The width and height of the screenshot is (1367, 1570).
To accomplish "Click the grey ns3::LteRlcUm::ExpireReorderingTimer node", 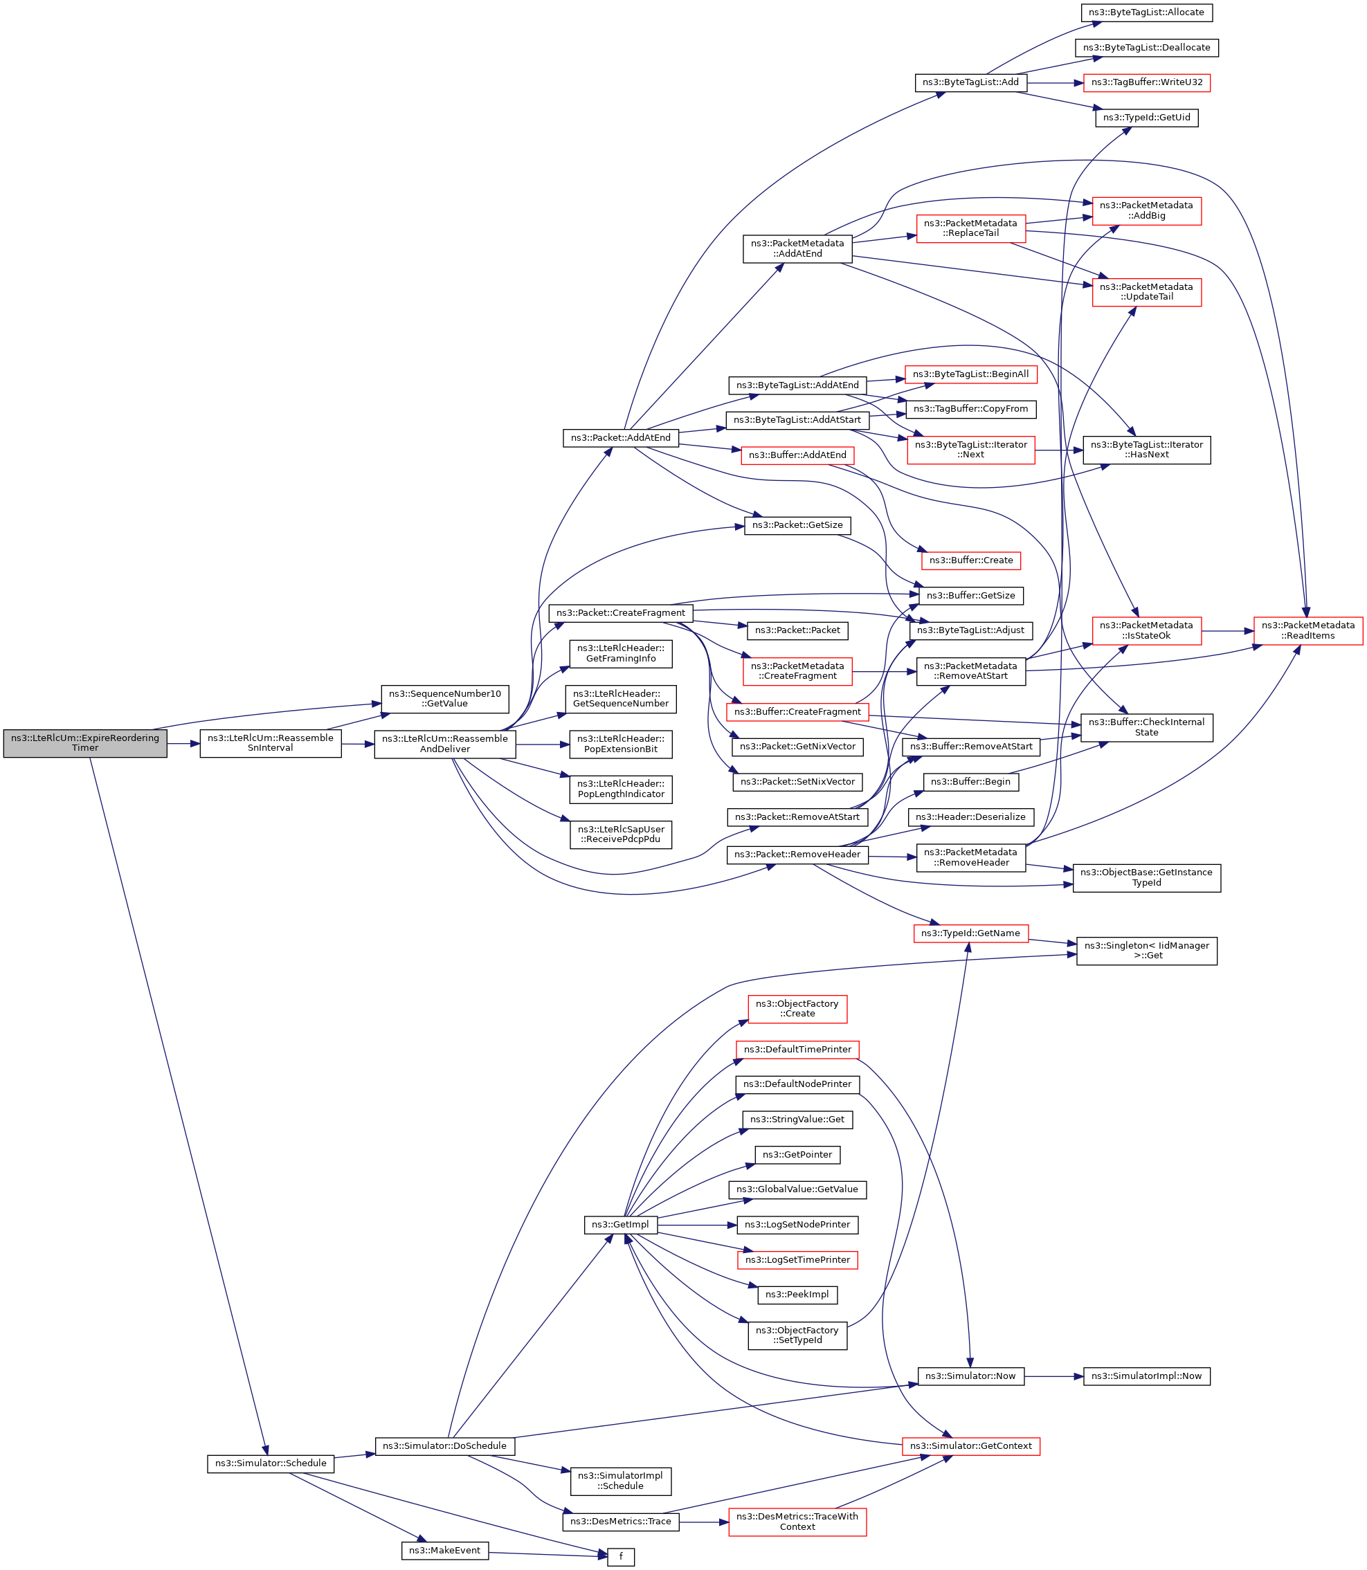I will (x=84, y=742).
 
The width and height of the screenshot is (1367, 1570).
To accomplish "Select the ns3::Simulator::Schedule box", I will (x=270, y=1463).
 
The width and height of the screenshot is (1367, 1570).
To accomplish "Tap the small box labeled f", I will (x=620, y=1557).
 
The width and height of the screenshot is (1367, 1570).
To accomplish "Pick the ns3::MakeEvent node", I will (x=445, y=1550).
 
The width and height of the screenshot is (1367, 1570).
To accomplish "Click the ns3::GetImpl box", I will (x=620, y=1225).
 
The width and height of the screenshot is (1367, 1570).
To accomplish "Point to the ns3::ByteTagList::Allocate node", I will (x=1146, y=12).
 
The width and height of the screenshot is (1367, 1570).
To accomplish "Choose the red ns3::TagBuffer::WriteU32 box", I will (x=1146, y=82).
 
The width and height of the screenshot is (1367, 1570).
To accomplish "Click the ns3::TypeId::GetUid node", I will (x=1146, y=118).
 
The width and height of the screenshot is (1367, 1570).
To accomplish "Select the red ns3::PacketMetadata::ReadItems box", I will (x=1307, y=630).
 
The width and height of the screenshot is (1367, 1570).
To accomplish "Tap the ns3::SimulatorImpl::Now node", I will (x=1146, y=1376).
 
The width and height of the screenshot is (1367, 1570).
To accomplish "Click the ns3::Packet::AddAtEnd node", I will (x=620, y=438).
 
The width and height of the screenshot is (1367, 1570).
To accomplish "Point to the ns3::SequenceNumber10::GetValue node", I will (x=445, y=698).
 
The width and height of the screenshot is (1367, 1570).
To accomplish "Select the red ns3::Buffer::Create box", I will (x=970, y=560).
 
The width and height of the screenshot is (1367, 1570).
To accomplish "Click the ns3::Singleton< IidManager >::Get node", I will (x=1146, y=950).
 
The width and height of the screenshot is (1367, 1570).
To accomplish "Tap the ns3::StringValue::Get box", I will (x=797, y=1120).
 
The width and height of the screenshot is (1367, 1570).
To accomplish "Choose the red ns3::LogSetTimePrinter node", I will (x=797, y=1259).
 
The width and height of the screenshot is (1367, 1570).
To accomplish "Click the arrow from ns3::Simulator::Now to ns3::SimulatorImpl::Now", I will (x=1053, y=1376).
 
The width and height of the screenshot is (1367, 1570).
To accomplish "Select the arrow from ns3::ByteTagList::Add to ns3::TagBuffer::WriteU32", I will (x=1055, y=82).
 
